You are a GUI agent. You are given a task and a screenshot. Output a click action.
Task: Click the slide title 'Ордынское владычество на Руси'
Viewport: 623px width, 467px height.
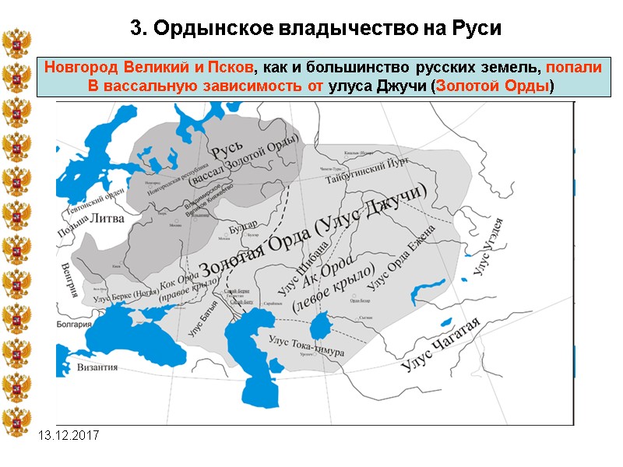pyautogui.click(x=316, y=29)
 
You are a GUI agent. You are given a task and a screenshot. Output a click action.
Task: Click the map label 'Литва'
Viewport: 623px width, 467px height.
pyautogui.click(x=107, y=219)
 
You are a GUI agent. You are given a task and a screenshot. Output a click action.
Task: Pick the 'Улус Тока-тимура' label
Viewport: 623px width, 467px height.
pyautogui.click(x=305, y=346)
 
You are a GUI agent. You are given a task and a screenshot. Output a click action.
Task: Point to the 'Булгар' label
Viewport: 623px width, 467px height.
pyautogui.click(x=244, y=225)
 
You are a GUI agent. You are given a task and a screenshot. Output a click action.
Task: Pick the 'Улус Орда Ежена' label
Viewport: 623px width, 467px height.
pyautogui.click(x=401, y=255)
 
